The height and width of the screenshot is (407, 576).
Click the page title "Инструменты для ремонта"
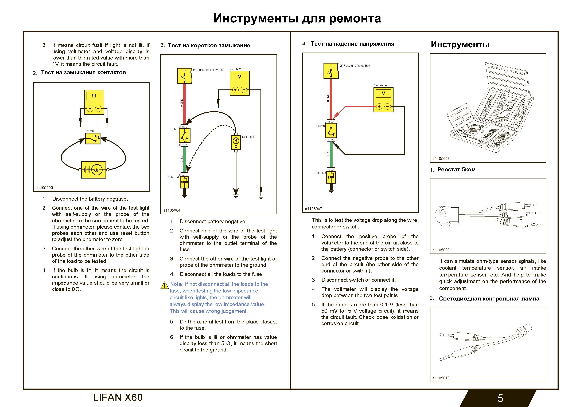[297, 18]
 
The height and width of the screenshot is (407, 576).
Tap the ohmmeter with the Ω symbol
[94, 102]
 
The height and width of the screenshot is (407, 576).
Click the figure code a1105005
[44, 188]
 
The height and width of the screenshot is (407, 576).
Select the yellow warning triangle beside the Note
[164, 285]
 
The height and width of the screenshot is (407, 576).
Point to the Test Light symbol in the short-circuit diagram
[236, 142]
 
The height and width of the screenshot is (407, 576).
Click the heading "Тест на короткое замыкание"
[209, 45]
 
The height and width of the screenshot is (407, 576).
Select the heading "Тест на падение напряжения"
[352, 44]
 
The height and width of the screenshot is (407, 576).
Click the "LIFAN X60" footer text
[118, 397]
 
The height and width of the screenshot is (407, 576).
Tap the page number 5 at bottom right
[500, 398]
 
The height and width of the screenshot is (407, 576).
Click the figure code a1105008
[441, 159]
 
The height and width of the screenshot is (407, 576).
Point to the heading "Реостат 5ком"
[456, 169]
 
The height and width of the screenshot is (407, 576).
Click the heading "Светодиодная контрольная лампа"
[489, 298]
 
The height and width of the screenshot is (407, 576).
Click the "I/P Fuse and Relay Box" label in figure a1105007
[355, 66]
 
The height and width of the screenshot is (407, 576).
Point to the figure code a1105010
[441, 378]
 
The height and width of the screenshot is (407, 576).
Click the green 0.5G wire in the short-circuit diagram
[184, 159]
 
